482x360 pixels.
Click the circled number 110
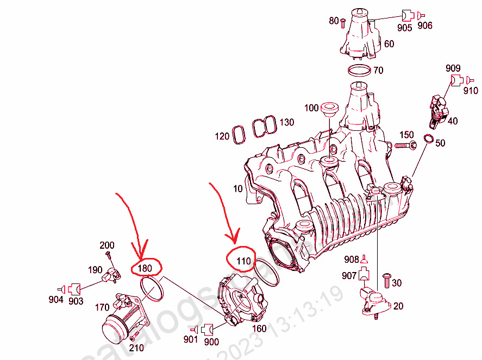(243, 261)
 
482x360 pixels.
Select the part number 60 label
(389, 43)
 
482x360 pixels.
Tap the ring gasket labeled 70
(359, 71)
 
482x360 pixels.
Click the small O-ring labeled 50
(428, 140)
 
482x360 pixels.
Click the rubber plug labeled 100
(329, 109)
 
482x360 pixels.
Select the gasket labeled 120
(238, 135)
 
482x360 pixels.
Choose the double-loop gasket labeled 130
(263, 128)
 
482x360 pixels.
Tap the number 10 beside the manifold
(237, 189)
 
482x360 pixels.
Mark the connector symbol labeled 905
(408, 15)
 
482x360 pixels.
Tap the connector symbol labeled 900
(206, 329)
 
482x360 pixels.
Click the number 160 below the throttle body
(258, 329)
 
